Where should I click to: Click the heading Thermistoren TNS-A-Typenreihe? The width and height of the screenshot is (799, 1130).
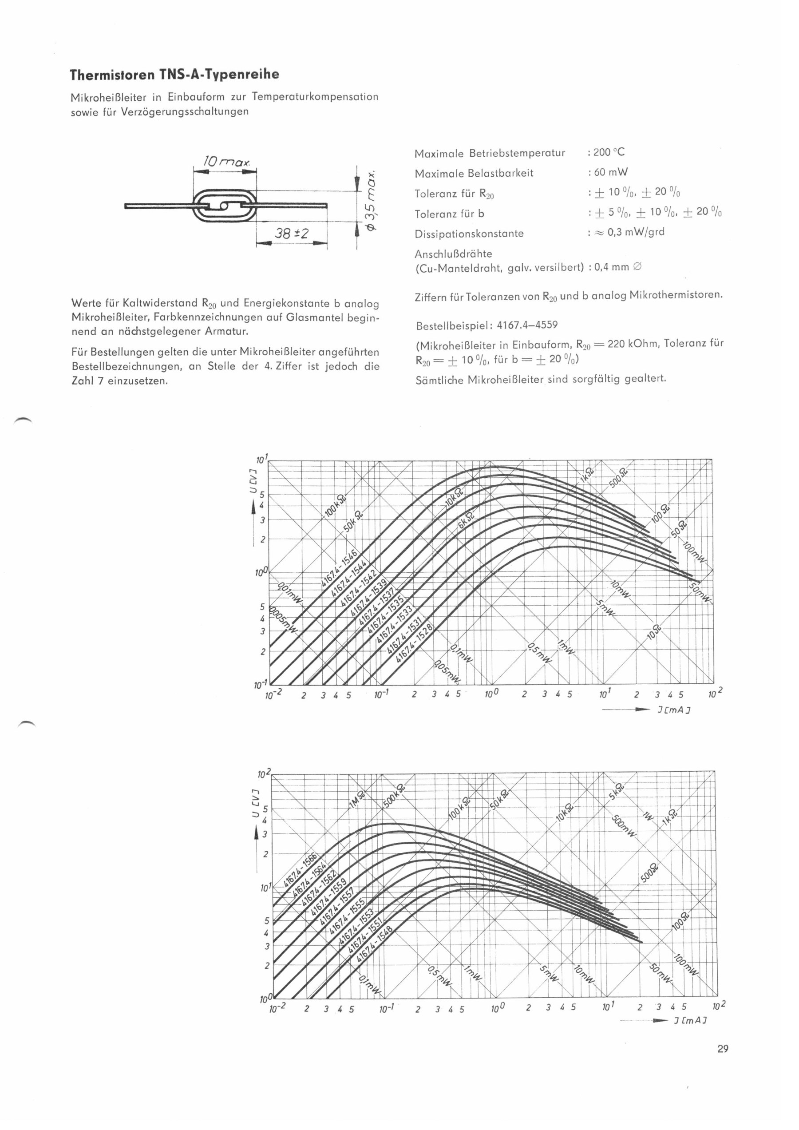click(174, 75)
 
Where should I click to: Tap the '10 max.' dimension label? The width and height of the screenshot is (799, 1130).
click(227, 161)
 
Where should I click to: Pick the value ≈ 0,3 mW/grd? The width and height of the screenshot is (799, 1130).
click(630, 232)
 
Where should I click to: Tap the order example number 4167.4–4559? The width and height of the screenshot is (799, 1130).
click(527, 325)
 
